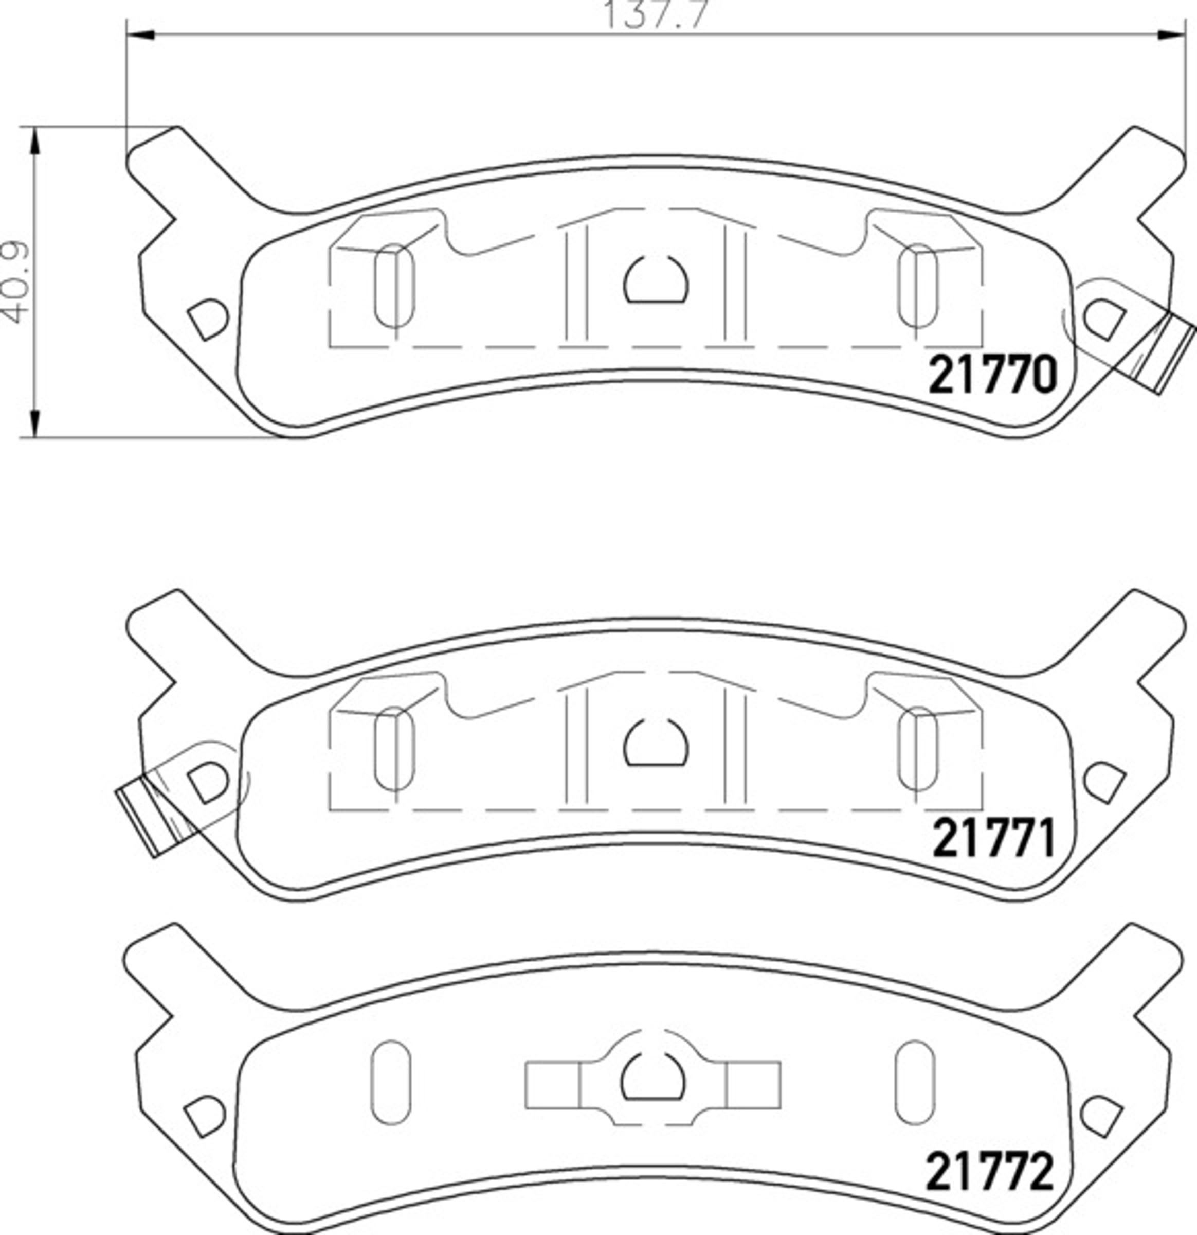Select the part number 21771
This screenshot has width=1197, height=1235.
pos(993,838)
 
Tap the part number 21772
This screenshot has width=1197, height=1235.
pos(990,1171)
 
